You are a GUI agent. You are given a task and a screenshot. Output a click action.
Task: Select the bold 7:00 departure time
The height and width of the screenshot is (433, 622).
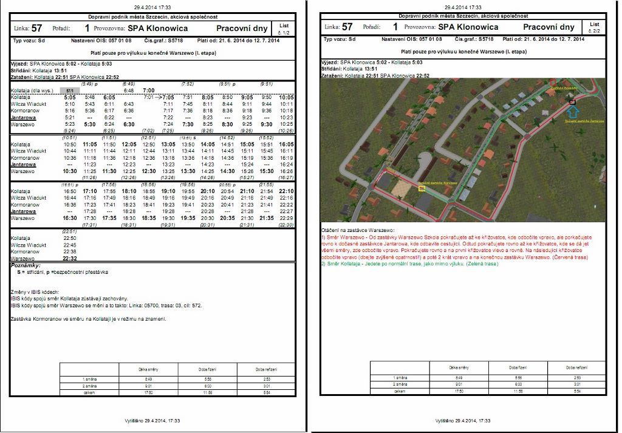tap(148, 90)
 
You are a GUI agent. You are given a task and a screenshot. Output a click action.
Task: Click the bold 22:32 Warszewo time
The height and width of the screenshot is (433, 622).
tap(70, 258)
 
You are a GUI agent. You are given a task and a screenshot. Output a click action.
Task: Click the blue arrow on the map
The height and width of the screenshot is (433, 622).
tap(575, 111)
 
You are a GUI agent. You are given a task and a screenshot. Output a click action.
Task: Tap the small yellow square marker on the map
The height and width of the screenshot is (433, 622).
tap(422, 188)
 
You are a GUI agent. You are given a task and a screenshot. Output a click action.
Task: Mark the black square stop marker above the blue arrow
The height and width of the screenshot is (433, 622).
tap(572, 103)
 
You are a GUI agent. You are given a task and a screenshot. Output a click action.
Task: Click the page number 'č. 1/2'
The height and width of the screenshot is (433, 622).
tap(284, 32)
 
